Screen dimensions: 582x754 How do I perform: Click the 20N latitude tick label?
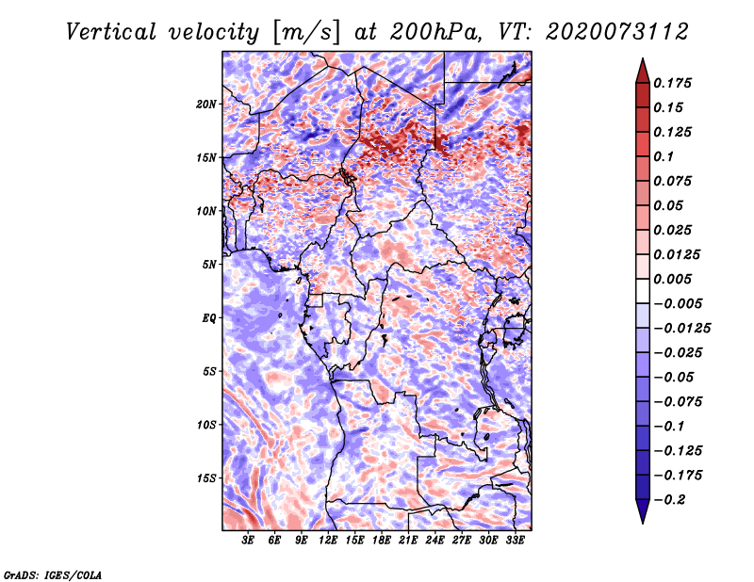coord(206,104)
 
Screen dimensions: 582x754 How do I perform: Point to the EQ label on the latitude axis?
coord(209,318)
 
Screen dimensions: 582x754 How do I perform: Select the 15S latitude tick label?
coord(206,478)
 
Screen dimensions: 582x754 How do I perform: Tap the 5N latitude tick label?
coord(209,265)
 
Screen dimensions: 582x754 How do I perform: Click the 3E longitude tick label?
coord(249,541)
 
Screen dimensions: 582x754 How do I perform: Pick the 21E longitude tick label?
coord(408,541)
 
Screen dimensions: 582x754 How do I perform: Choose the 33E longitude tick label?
coord(515,541)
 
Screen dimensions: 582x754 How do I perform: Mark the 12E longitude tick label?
coord(329,541)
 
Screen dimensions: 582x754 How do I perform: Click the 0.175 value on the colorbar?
coord(676,83)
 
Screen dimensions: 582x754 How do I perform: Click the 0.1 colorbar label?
coord(667,156)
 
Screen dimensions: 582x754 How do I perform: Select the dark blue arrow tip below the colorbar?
coord(641,515)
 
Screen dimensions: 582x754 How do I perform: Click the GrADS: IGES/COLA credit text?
coord(52,574)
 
